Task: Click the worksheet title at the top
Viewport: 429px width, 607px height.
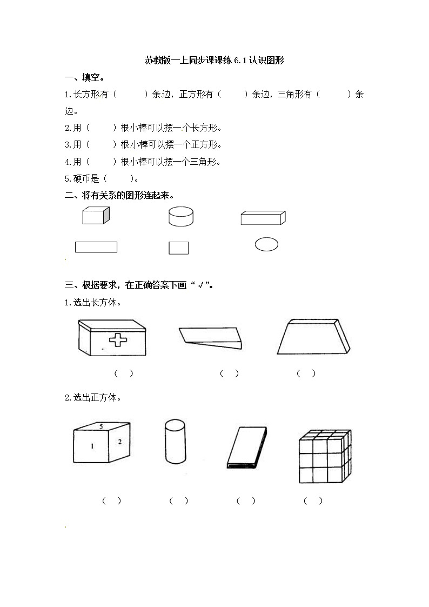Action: point(215,61)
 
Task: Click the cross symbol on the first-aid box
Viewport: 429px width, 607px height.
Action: point(116,339)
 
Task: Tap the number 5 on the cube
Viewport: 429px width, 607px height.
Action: point(101,426)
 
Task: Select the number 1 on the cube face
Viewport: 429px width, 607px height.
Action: point(92,446)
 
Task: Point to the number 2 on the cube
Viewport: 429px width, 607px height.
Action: point(120,442)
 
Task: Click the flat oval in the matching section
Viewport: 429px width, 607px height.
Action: point(266,244)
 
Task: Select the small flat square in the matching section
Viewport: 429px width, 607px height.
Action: point(178,248)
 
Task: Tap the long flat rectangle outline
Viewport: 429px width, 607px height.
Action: point(96,247)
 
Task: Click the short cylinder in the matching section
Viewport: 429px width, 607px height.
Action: point(183,217)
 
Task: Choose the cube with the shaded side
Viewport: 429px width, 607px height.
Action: point(96,216)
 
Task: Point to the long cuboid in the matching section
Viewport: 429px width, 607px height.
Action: point(263,217)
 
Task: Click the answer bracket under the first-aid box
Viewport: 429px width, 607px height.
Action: point(124,373)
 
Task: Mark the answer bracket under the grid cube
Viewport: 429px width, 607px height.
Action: point(313,501)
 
